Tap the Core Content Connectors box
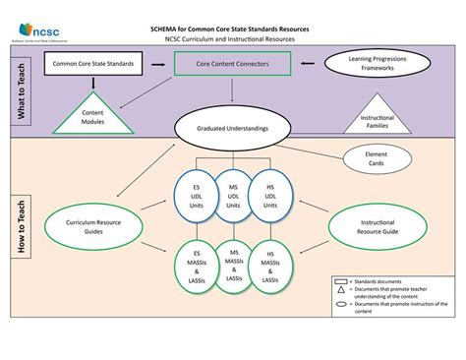(233, 64)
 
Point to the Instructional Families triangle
(377, 118)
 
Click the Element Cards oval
(375, 159)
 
